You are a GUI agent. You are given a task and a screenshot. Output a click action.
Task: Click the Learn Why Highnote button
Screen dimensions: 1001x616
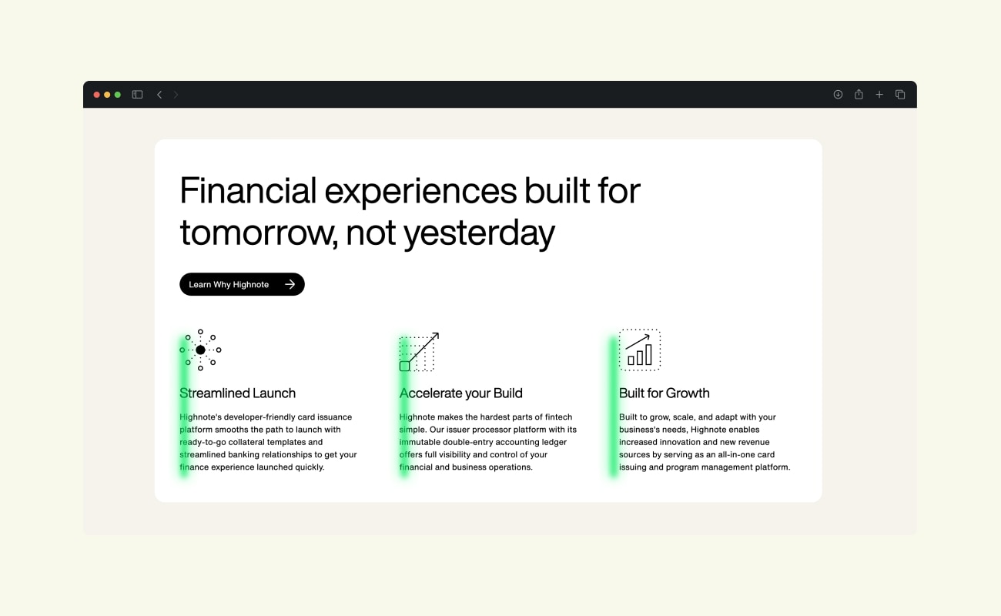pyautogui.click(x=242, y=284)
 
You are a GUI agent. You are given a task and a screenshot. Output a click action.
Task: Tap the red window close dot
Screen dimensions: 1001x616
pyautogui.click(x=96, y=95)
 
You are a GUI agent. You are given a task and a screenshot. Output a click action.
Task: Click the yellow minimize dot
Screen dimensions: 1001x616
pyautogui.click(x=107, y=95)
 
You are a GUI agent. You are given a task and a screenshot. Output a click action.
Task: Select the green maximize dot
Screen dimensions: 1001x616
pyautogui.click(x=118, y=95)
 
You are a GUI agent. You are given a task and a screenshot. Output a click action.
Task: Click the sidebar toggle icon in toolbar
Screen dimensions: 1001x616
pyautogui.click(x=137, y=94)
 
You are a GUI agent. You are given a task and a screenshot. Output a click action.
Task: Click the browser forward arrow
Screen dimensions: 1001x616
pyautogui.click(x=176, y=95)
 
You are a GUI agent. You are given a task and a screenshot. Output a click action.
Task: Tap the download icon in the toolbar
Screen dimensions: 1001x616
pyautogui.click(x=838, y=94)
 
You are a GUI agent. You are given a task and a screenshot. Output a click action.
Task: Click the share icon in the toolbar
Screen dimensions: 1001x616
pyautogui.click(x=859, y=94)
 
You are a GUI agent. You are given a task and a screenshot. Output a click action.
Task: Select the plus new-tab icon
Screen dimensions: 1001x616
pyautogui.click(x=879, y=94)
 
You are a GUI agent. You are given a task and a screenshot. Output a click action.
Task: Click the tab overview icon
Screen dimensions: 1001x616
pyautogui.click(x=900, y=94)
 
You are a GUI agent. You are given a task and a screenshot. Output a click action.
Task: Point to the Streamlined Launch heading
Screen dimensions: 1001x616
pyautogui.click(x=237, y=393)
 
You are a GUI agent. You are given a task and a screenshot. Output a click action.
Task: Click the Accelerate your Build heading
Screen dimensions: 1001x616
pyautogui.click(x=460, y=393)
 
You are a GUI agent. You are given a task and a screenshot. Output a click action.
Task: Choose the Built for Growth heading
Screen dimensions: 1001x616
pyautogui.click(x=664, y=393)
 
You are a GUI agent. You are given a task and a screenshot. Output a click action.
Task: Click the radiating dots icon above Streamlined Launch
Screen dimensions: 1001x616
pyautogui.click(x=201, y=350)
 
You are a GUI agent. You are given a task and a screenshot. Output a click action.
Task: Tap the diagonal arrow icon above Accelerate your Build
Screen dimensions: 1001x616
pyautogui.click(x=419, y=352)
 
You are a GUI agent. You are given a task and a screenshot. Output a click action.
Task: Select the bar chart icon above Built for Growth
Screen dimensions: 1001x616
pyautogui.click(x=639, y=350)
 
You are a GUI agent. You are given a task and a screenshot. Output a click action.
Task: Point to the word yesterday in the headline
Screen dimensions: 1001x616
pyautogui.click(x=479, y=234)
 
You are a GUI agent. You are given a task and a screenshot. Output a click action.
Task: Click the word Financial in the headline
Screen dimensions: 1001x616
pyautogui.click(x=248, y=190)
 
